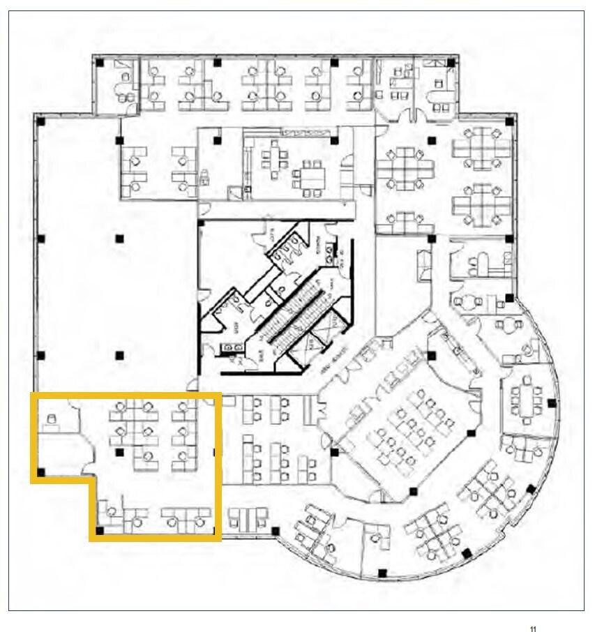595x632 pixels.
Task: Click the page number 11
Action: pyautogui.click(x=533, y=629)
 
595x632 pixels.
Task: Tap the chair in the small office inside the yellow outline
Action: pyautogui.click(x=50, y=420)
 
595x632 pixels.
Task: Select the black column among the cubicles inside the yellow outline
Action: pyautogui.click(x=120, y=452)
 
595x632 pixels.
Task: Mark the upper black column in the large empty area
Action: pyautogui.click(x=120, y=239)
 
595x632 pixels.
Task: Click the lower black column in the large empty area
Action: pyautogui.click(x=120, y=354)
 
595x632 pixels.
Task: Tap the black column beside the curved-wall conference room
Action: pyautogui.click(x=552, y=403)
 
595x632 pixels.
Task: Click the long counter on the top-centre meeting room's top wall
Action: pyautogui.click(x=307, y=133)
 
